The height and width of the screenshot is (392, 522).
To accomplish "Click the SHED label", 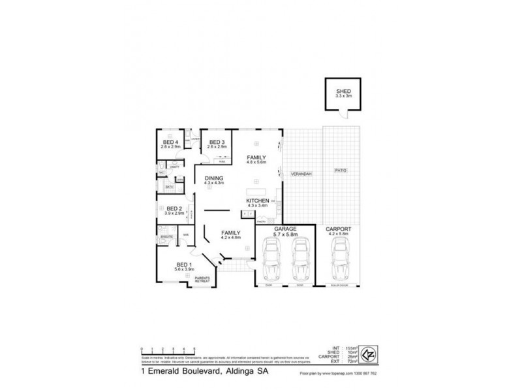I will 343,91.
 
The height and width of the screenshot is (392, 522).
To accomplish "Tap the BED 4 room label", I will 171,142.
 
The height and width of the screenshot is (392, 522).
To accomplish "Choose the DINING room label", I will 214,178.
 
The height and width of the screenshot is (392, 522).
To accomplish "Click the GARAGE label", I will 285,229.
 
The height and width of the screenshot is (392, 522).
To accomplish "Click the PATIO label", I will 341,171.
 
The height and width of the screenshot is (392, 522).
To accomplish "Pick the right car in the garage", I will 299,259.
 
